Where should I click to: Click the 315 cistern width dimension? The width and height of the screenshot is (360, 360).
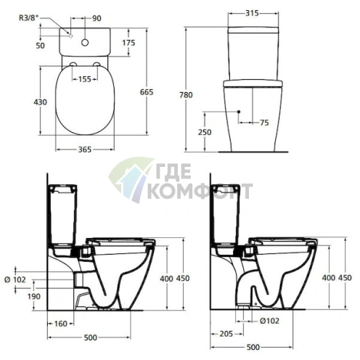(253, 14)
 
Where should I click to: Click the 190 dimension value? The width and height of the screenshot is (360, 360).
(34, 295)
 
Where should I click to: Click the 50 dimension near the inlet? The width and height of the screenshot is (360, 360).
(41, 46)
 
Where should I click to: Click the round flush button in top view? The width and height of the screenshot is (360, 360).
(87, 43)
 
